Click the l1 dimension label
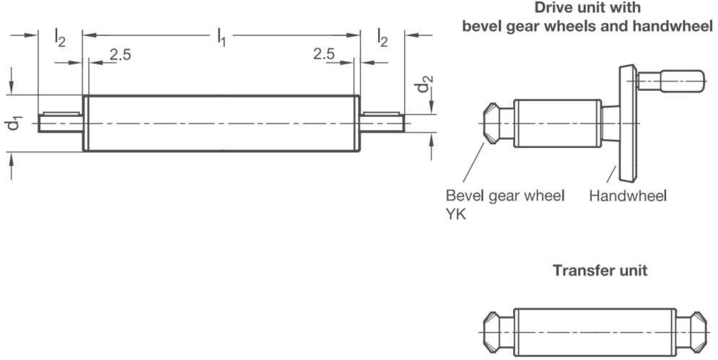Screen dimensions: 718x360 [x=221, y=37]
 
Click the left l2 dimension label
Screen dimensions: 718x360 [x=60, y=37]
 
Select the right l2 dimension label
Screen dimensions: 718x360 [x=382, y=37]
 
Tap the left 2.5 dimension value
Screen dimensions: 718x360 [x=121, y=55]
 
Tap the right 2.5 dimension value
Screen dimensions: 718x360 [x=324, y=54]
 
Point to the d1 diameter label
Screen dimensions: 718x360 [x=14, y=123]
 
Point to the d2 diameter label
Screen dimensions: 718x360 [x=424, y=84]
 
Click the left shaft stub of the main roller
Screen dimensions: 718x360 [x=61, y=123]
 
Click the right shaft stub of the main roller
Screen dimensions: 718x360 [x=382, y=123]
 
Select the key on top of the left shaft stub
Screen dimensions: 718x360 [x=61, y=113]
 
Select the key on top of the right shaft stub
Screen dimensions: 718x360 [x=381, y=113]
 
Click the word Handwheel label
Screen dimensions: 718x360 [x=628, y=196]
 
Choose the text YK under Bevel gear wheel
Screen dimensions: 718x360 [x=455, y=214]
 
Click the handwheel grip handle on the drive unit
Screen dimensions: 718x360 [x=671, y=81]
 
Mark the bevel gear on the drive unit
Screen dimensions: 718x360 [x=491, y=123]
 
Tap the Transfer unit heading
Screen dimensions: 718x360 [x=600, y=271]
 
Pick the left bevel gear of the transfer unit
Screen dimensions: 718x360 [x=491, y=332]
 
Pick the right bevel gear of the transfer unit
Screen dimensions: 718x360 [x=699, y=332]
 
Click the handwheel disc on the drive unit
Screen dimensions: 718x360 [x=628, y=123]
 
